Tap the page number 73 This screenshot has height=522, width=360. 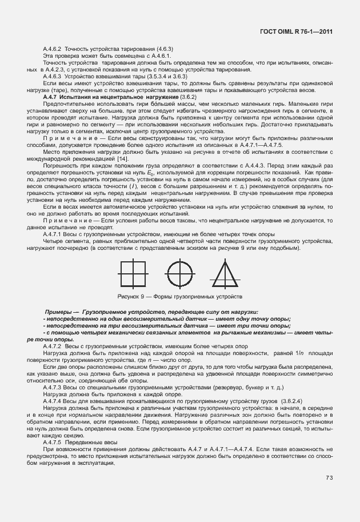click(x=330, y=478)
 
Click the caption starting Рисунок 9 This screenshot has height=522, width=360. click(x=179, y=297)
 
